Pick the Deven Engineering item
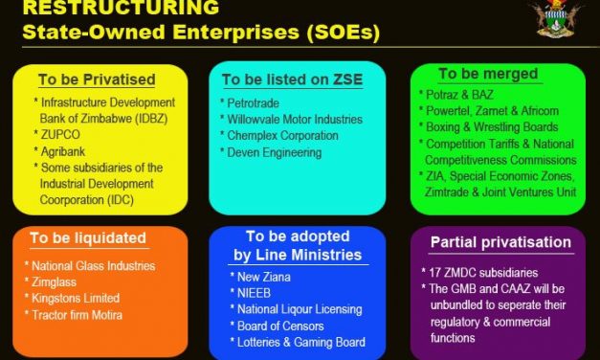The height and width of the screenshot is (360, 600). click(275, 153)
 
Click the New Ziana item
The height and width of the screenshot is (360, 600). click(259, 276)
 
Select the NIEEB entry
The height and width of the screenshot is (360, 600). click(251, 292)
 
